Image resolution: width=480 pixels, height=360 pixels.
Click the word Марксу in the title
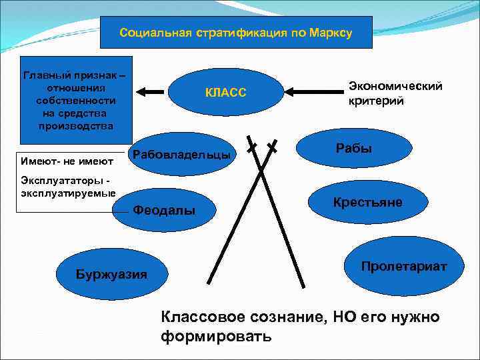pyautogui.click(x=329, y=33)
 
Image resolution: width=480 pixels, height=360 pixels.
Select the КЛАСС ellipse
pyautogui.click(x=227, y=93)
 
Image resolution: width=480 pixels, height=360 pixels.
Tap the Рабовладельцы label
pyautogui.click(x=182, y=155)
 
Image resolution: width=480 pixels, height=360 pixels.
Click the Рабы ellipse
pyautogui.click(x=353, y=149)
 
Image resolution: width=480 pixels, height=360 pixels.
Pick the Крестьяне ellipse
pyautogui.click(x=367, y=202)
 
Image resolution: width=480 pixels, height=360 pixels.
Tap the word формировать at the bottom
pyautogui.click(x=216, y=335)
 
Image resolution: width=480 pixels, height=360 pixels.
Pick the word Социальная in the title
pyautogui.click(x=154, y=33)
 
